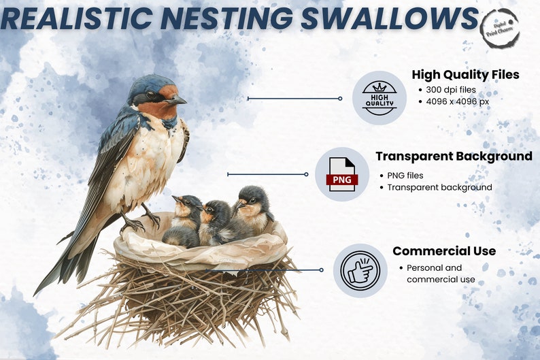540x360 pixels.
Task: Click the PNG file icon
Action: pos(341,174)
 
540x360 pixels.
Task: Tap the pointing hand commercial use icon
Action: pos(360,271)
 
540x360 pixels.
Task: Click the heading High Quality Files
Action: pos(465,75)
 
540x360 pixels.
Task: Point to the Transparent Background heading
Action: pos(454,157)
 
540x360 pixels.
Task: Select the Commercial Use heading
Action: pos(444,251)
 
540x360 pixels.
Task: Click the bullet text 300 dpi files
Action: pos(451,90)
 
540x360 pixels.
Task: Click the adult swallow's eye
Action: pos(150,95)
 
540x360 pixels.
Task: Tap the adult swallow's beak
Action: pos(176,101)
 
